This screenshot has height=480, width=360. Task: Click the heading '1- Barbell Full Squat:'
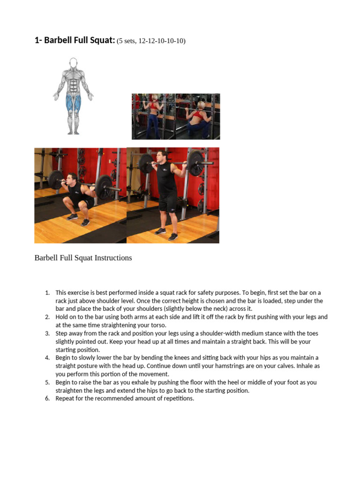[75, 40]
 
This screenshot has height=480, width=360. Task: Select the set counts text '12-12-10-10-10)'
[162, 41]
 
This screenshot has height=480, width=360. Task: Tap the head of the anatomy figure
[73, 63]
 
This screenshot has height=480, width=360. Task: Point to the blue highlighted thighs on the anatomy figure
[74, 103]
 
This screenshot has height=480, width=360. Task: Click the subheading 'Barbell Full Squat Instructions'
[83, 258]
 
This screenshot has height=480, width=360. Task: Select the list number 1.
[47, 293]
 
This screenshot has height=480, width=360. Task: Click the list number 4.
[47, 358]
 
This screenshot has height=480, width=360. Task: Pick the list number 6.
[47, 398]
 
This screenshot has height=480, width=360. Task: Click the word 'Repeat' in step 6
[64, 398]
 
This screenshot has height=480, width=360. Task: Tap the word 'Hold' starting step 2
[61, 317]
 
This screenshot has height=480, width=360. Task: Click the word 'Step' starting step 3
[61, 334]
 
